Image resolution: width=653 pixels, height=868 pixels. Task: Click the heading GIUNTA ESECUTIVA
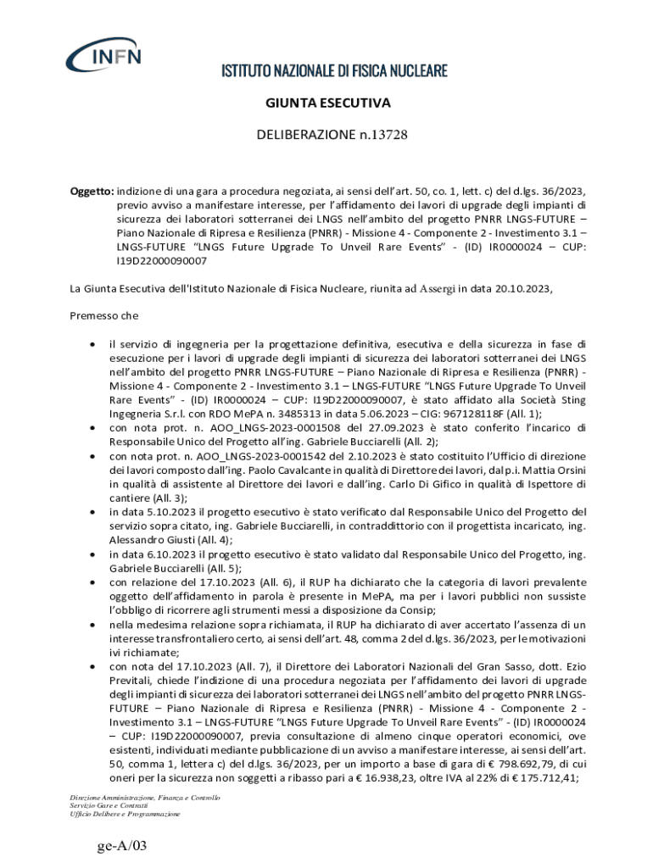point(327,103)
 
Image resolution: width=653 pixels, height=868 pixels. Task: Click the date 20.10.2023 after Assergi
point(515,288)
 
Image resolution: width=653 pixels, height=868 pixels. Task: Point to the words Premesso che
point(103,316)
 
